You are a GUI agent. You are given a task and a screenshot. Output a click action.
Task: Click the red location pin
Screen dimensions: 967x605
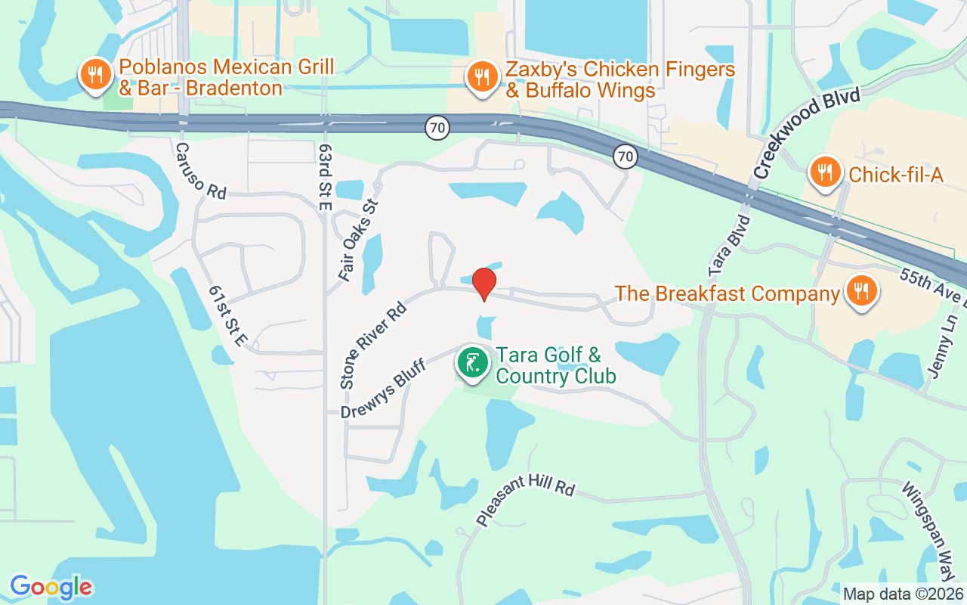[x=484, y=283]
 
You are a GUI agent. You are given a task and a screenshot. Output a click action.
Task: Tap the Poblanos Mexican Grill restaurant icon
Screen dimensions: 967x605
[x=95, y=75]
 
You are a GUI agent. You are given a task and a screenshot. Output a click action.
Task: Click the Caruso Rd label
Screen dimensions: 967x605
[x=201, y=172]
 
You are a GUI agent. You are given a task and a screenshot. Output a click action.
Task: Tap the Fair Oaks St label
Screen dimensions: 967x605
[x=358, y=240]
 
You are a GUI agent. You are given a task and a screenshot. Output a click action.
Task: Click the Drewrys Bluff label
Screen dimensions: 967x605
[x=384, y=389]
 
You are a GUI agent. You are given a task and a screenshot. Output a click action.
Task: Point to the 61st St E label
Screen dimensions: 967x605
[x=227, y=317]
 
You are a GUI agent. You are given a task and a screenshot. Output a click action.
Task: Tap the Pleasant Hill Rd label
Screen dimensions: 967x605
[x=526, y=501]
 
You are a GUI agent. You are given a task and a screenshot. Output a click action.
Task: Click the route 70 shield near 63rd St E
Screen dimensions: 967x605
[x=437, y=127]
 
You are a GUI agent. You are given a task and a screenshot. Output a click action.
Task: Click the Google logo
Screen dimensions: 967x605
[x=51, y=587]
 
